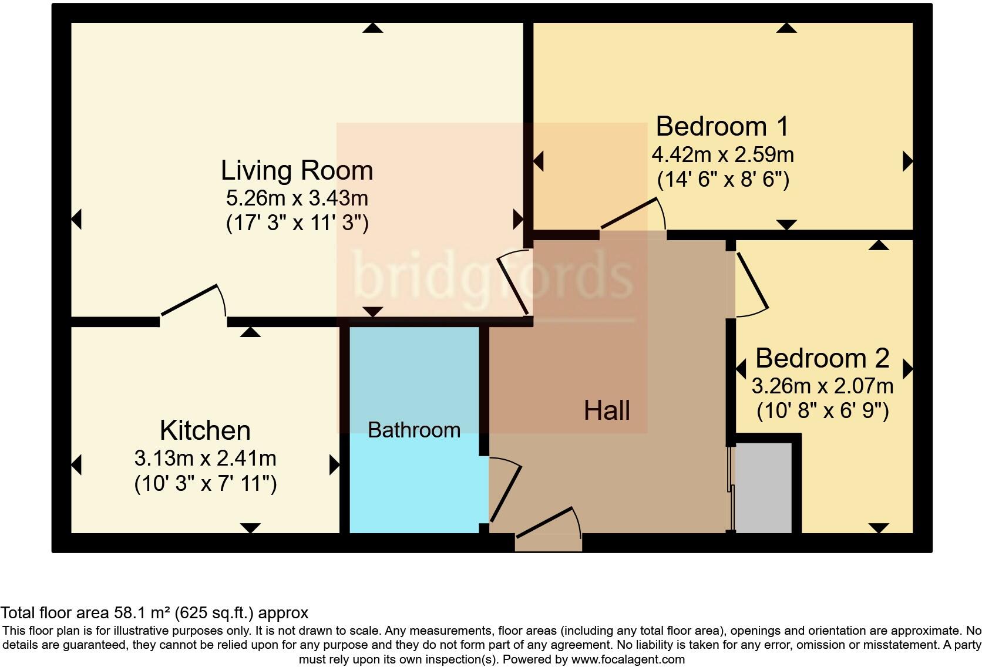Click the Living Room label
[x=297, y=170]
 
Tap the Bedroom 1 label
[x=722, y=126]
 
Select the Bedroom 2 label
[x=822, y=358]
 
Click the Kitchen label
[x=205, y=430]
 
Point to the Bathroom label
[x=414, y=430]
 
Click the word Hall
[x=607, y=410]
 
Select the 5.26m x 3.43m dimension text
[x=297, y=198]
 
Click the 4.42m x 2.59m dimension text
[x=722, y=154]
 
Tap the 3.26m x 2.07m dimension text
[x=822, y=386]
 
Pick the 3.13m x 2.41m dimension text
[x=205, y=457]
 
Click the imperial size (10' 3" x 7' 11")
[x=205, y=484]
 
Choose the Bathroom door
[x=505, y=491]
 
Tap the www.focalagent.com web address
[x=628, y=659]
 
